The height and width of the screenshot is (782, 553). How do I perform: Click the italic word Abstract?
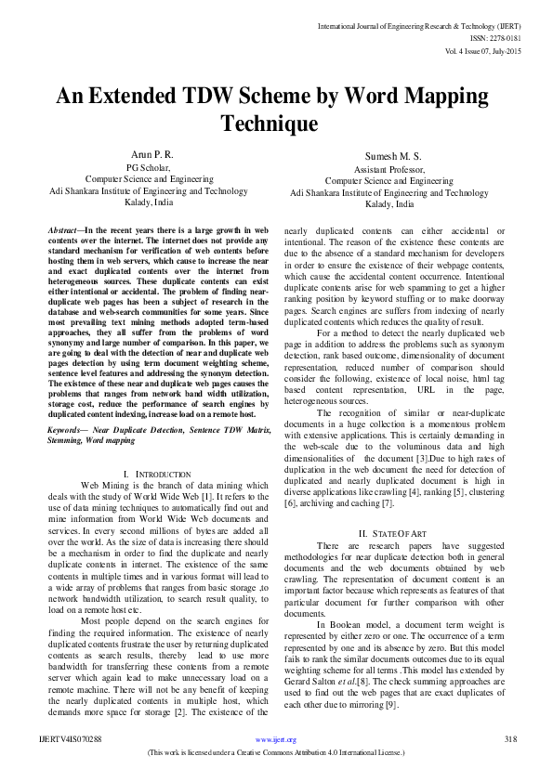(63, 228)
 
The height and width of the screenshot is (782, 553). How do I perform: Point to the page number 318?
(509, 764)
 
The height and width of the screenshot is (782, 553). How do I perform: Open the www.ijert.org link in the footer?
(276, 764)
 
